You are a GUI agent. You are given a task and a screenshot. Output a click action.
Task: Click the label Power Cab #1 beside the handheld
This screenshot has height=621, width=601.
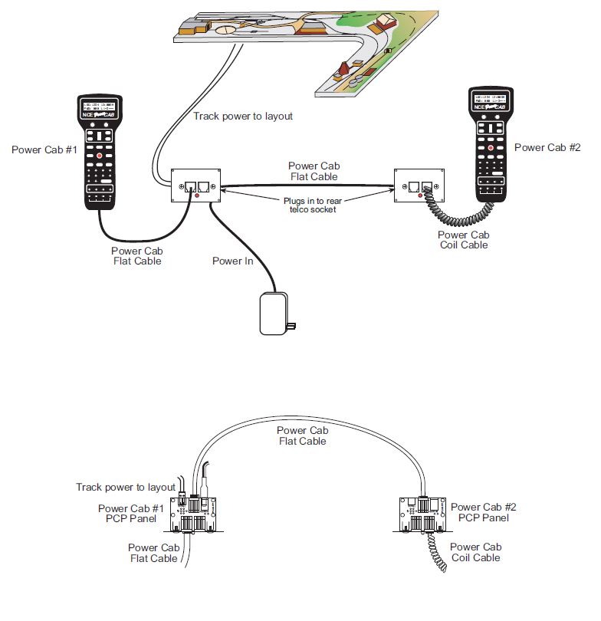[x=44, y=149]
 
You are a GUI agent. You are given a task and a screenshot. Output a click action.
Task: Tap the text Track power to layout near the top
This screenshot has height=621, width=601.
[x=243, y=117]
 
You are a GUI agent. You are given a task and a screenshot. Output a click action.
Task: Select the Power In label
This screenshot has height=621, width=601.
[x=232, y=261]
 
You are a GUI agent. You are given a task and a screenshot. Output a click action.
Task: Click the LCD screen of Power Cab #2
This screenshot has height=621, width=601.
[x=489, y=102]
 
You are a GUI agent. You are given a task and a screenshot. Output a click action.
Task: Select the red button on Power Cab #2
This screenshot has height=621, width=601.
[x=490, y=147]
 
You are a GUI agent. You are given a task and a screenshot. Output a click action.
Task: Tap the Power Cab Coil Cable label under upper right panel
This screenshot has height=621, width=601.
[x=463, y=240]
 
